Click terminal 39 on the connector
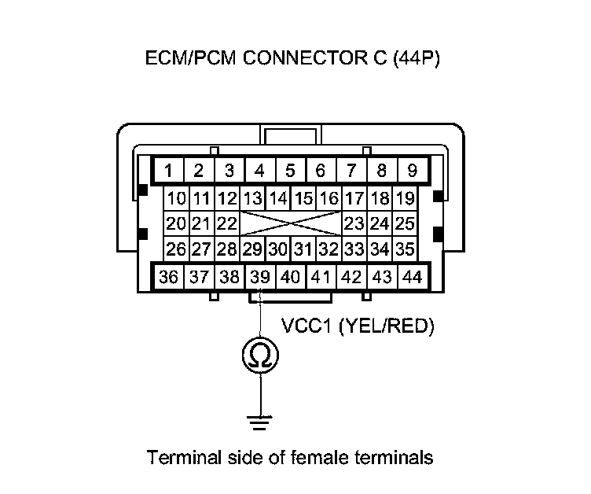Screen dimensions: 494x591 (259, 277)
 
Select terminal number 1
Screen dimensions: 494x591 (168, 170)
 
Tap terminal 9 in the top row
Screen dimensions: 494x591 (411, 170)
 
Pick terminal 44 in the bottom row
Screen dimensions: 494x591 (411, 277)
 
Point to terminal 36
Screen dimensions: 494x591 (168, 277)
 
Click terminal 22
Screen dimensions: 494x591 (227, 224)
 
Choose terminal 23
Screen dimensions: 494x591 (354, 224)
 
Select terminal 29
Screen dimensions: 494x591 (252, 250)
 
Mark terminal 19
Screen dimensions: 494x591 (405, 198)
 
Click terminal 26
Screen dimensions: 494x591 (176, 250)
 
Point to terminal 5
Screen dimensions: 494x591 (290, 170)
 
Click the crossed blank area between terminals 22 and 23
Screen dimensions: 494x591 (290, 224)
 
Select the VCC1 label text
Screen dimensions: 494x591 (307, 326)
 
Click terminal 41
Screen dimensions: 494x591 (320, 277)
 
